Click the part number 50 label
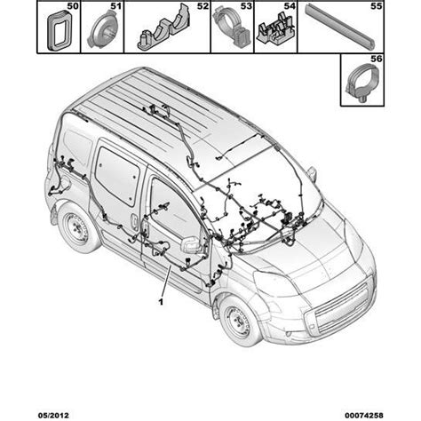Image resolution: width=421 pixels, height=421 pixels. pos(73,6)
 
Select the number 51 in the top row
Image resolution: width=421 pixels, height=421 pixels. pos(116,6)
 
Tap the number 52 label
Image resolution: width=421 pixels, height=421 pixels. pos(203,6)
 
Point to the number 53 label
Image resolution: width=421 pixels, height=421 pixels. pos(246,6)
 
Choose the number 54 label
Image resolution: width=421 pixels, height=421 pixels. pos(290,6)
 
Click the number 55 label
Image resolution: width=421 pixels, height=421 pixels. pos(377,6)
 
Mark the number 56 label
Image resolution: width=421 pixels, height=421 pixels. pos(377,59)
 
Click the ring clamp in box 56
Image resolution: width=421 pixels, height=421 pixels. pos(362,82)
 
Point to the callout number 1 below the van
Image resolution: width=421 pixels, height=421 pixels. pos(161,302)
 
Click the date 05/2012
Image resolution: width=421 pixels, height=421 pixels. pos(53,415)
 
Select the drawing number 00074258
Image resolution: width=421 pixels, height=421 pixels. pos(364,415)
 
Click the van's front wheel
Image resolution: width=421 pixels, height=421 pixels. pos(239,322)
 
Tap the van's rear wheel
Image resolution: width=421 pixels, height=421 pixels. pos(77,229)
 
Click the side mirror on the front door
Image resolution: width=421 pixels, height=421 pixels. pos(192,245)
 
